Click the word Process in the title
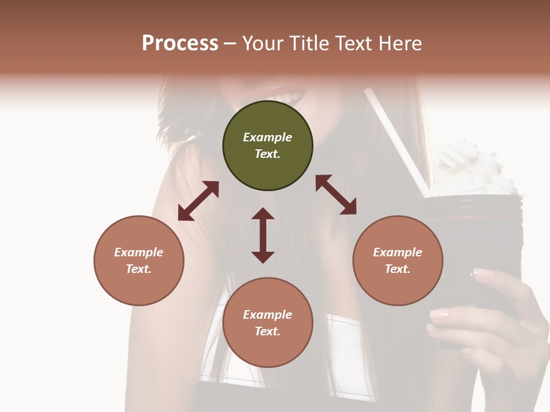pos(180,43)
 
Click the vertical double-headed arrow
pos(263,235)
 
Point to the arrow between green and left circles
pos(198,201)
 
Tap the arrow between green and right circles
pos(336,195)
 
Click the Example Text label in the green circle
pos(268,145)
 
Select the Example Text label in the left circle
pos(139,260)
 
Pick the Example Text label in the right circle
pos(398,260)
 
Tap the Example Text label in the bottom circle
pos(268,323)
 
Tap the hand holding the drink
pos(493,320)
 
